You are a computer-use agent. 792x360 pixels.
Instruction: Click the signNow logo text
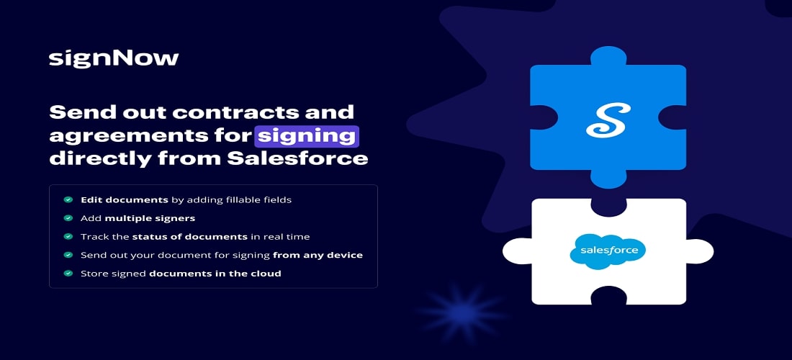coord(114,58)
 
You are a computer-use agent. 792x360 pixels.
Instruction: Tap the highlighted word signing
coord(307,136)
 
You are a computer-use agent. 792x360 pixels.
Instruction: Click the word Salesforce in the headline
coord(297,158)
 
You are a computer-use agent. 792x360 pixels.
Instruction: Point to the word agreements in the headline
coord(150,137)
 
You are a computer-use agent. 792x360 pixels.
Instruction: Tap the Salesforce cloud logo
coord(608,251)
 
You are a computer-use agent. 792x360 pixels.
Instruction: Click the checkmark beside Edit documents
coord(68,200)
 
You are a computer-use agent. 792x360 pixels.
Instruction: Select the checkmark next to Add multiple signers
coord(68,218)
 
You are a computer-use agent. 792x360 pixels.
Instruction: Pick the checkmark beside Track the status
coord(68,236)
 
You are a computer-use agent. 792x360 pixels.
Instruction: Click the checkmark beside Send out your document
coord(68,255)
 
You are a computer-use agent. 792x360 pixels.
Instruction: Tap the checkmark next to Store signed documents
coord(68,273)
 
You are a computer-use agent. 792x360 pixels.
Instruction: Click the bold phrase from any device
coord(318,255)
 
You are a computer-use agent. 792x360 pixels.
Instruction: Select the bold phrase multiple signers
coord(150,218)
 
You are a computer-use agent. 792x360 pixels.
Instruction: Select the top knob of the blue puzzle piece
coord(608,56)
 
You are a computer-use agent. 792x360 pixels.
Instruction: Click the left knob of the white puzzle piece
coord(517,251)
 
